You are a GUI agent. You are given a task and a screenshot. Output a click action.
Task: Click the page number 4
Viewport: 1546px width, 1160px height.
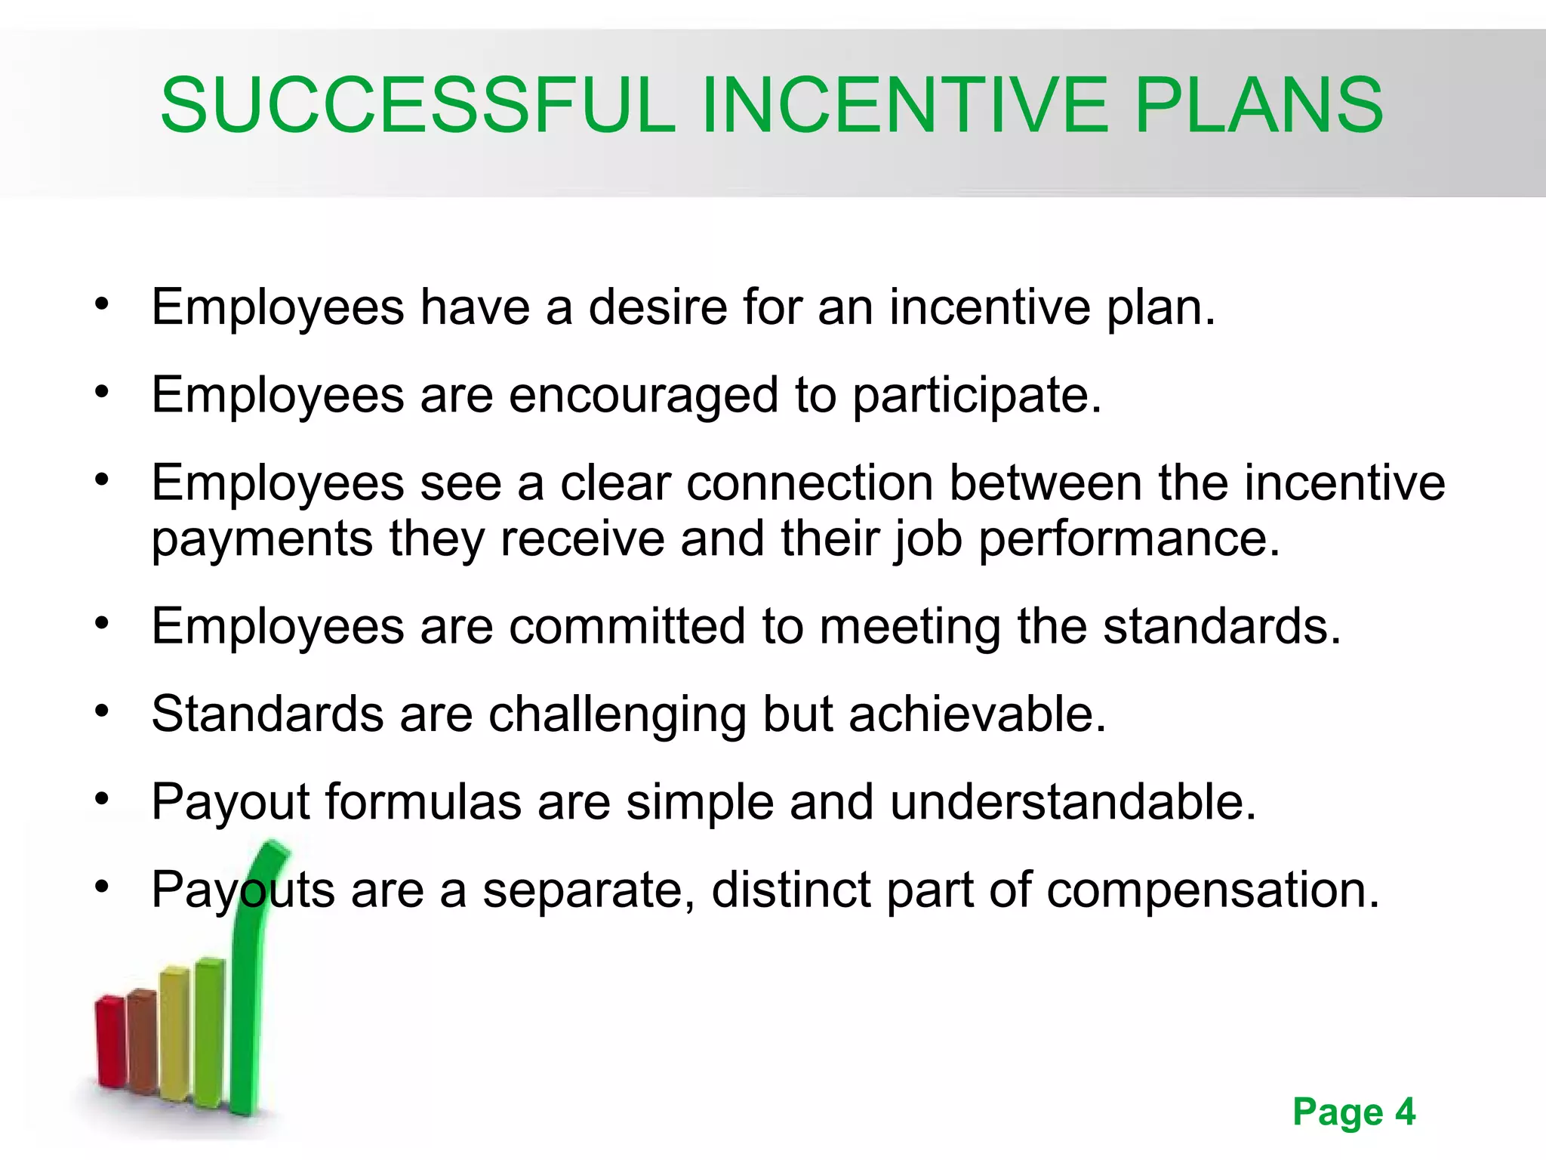click(1405, 1112)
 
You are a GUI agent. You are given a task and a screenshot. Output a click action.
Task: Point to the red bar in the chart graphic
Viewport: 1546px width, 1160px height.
click(110, 1042)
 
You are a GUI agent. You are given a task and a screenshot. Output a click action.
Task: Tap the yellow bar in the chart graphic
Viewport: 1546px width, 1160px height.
click(175, 1031)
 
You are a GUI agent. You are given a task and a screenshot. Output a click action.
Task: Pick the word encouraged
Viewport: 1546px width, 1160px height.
click(643, 396)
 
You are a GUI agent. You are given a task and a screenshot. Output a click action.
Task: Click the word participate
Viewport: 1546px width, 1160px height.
click(976, 396)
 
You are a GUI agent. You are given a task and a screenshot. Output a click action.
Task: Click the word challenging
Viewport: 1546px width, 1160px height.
click(617, 714)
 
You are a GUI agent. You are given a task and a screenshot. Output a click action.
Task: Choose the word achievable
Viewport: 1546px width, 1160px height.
click(977, 714)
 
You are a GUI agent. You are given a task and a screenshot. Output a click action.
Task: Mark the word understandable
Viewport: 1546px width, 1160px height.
click(1073, 802)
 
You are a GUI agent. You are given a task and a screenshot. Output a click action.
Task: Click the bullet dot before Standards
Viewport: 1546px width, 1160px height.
click(103, 711)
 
